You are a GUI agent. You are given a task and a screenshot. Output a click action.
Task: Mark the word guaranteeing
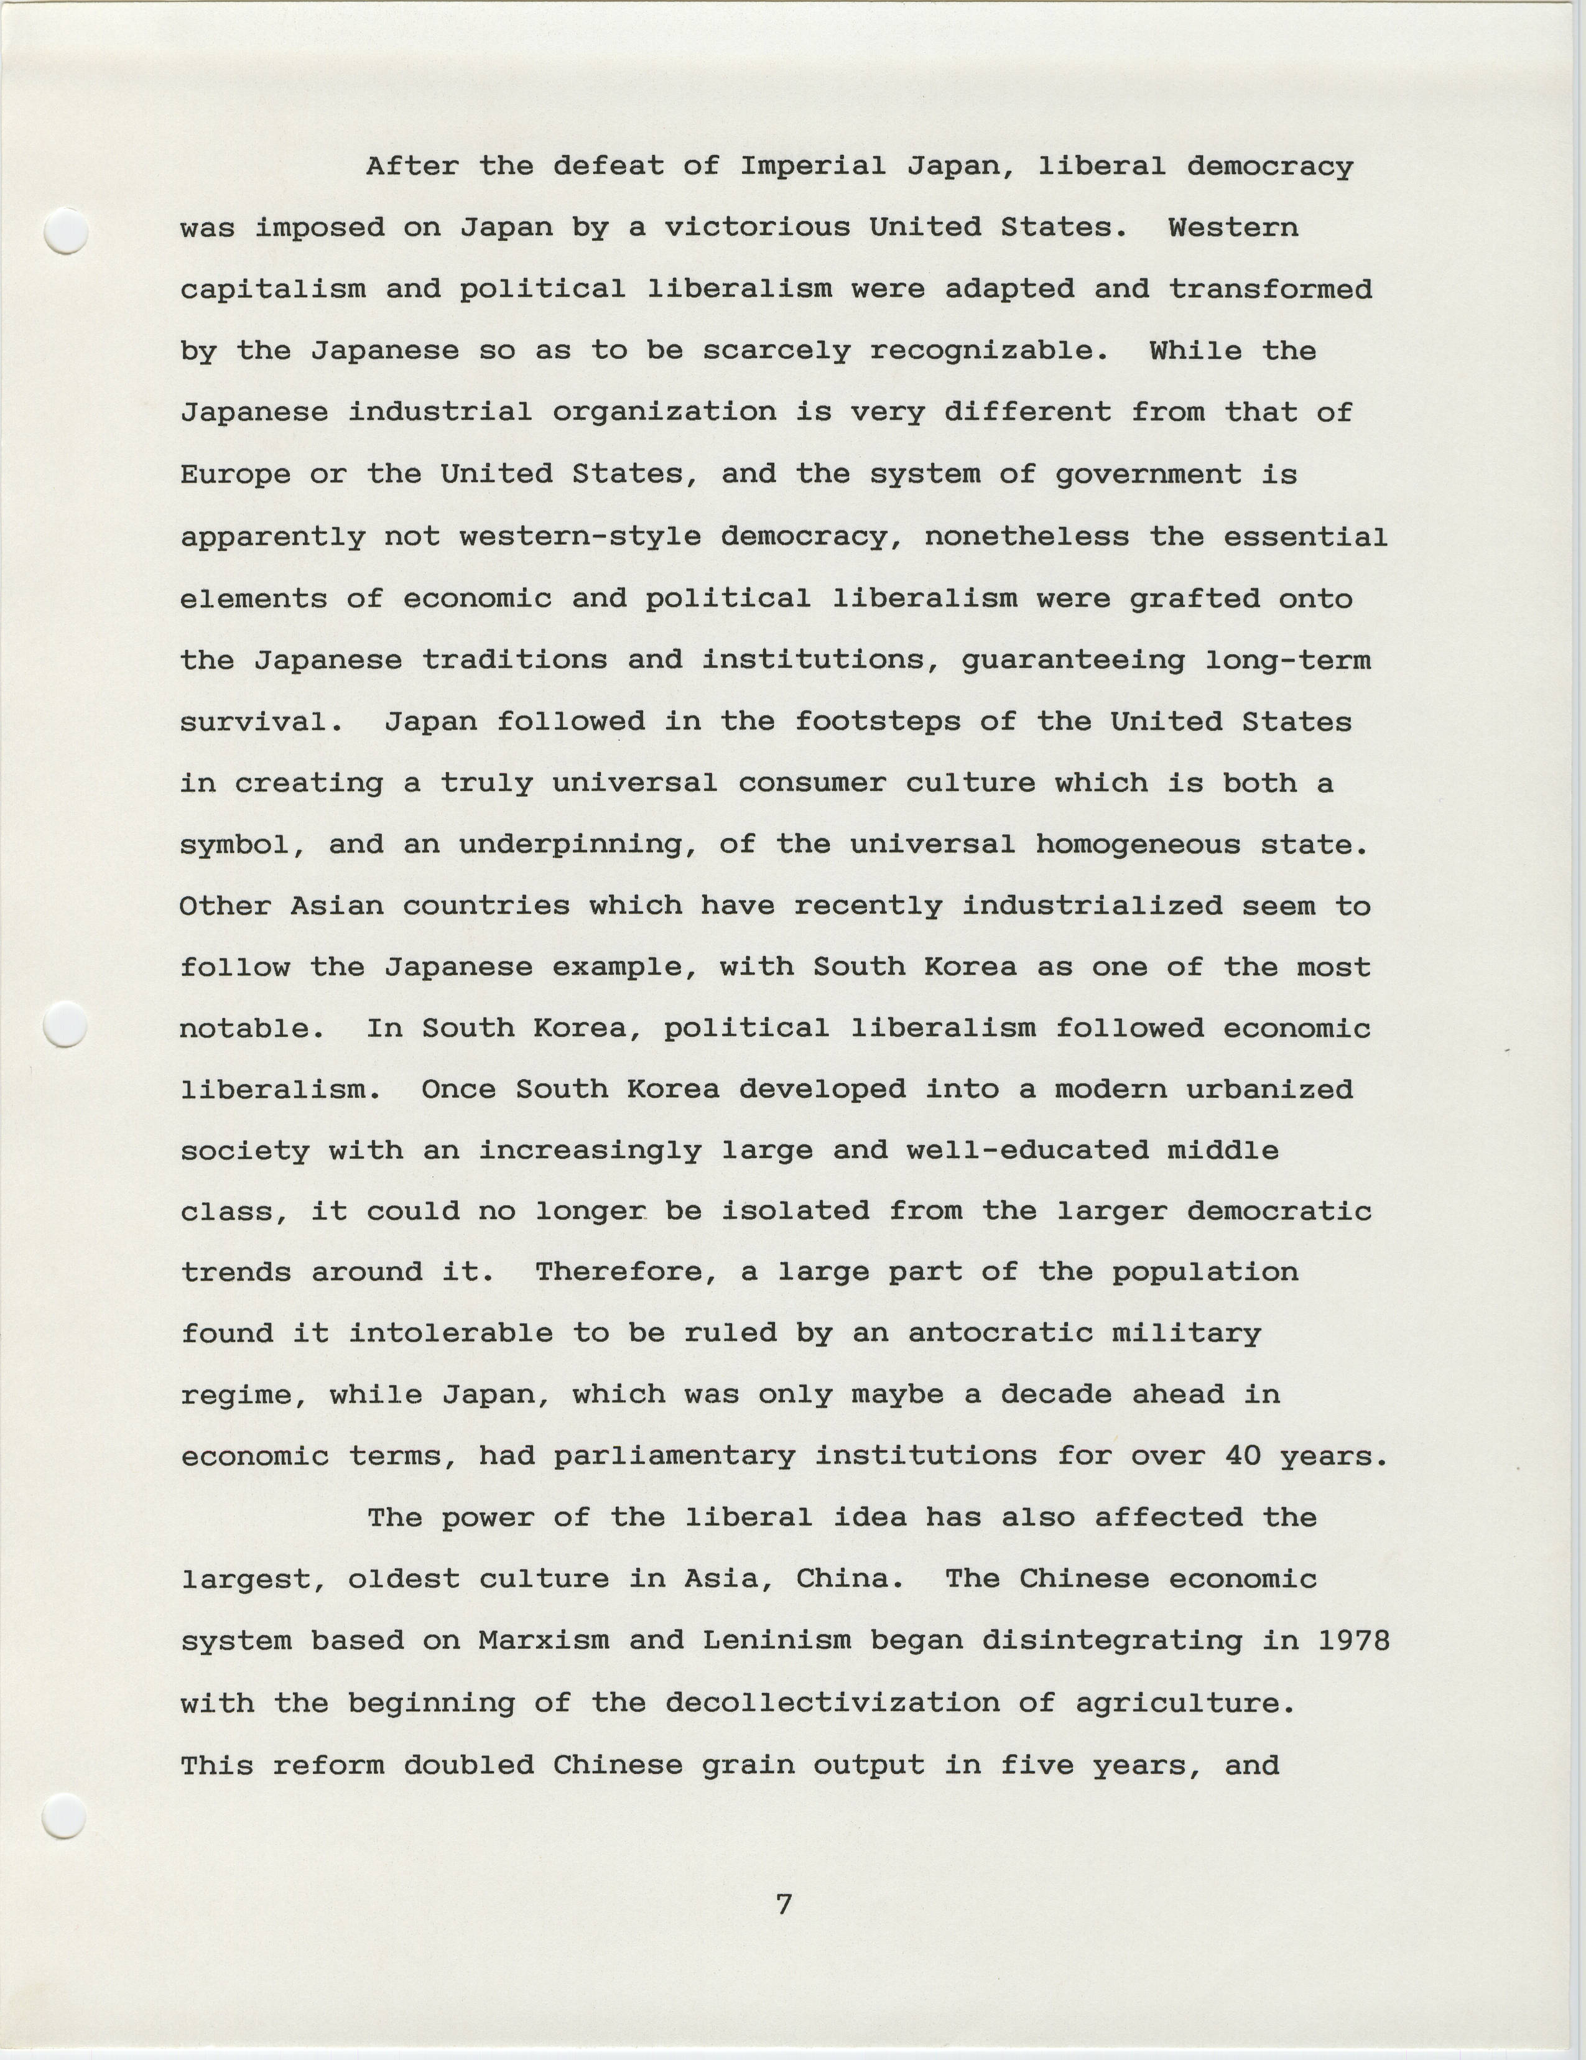(1072, 661)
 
